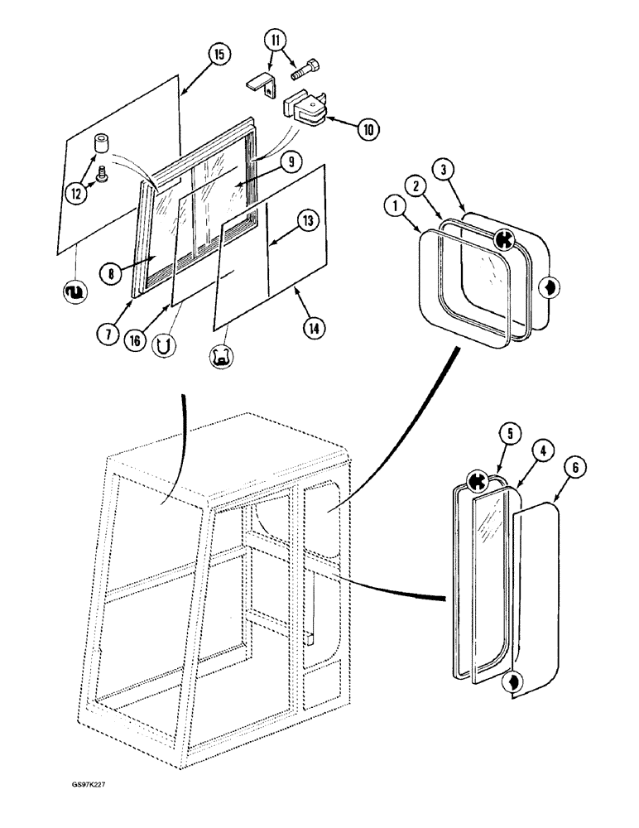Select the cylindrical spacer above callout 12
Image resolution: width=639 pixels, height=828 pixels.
point(102,146)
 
